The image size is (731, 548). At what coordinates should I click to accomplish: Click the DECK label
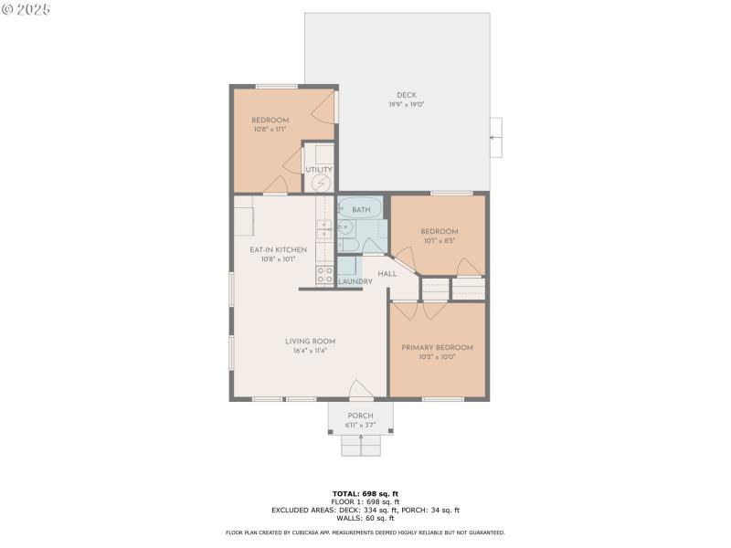[x=406, y=95]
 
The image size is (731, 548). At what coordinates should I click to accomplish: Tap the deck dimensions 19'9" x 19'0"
[x=406, y=104]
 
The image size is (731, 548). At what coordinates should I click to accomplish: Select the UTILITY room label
[x=319, y=169]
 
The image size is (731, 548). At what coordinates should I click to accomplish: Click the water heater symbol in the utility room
[x=321, y=184]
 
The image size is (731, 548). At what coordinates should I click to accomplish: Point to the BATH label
[x=361, y=210]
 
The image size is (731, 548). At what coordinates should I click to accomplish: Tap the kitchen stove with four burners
[x=324, y=275]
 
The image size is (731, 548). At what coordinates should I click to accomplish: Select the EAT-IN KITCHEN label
[x=272, y=249]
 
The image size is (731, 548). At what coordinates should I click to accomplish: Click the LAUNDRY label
[x=355, y=281]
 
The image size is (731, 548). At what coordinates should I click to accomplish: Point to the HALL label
[x=387, y=273]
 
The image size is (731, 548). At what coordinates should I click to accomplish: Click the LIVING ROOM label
[x=311, y=342]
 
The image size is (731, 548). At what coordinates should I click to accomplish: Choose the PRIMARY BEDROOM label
[x=437, y=347]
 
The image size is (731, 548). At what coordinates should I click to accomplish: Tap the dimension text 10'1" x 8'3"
[x=439, y=241]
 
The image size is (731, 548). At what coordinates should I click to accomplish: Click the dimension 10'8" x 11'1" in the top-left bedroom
[x=270, y=130]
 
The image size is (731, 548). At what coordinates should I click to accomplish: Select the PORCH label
[x=360, y=416]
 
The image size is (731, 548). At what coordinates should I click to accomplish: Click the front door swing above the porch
[x=360, y=390]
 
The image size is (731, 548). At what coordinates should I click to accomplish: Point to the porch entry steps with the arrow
[x=360, y=445]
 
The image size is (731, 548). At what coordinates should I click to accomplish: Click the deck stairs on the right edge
[x=495, y=138]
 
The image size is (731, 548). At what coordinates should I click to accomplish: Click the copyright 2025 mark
[x=26, y=8]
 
